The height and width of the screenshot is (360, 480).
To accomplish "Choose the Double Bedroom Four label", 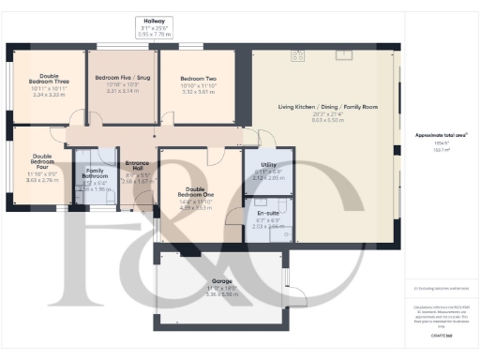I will click(x=43, y=162).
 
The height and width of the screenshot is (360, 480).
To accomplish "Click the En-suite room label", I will click(x=267, y=213).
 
